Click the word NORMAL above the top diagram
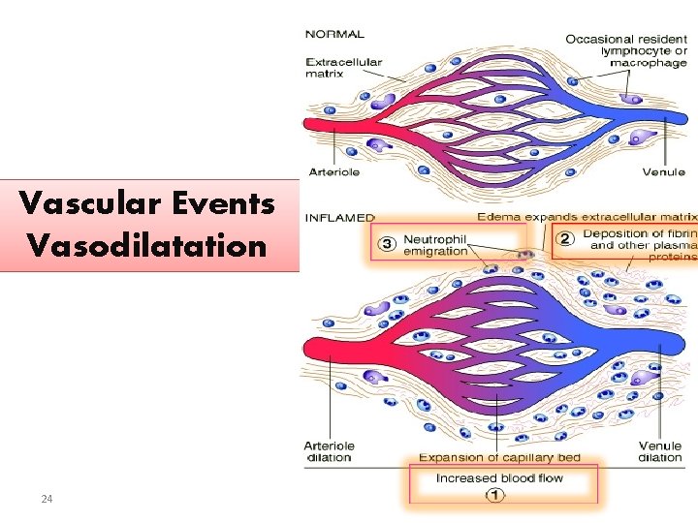pyautogui.click(x=335, y=34)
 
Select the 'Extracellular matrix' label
pyautogui.click(x=345, y=67)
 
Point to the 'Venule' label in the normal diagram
pyautogui.click(x=663, y=172)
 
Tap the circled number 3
pyautogui.click(x=386, y=243)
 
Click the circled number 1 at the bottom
pyautogui.click(x=495, y=496)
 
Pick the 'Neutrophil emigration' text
pyautogui.click(x=435, y=244)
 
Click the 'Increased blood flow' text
pyautogui.click(x=499, y=478)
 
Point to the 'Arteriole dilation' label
pyautogui.click(x=330, y=451)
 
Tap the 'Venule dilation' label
pyautogui.click(x=660, y=451)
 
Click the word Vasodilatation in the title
pyautogui.click(x=146, y=245)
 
